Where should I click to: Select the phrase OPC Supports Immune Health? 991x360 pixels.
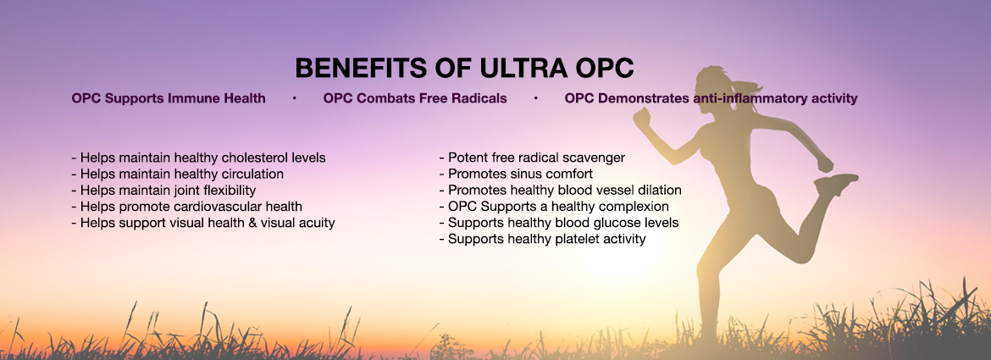168,99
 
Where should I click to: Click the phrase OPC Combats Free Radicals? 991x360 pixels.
414,99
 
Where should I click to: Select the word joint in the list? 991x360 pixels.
185,191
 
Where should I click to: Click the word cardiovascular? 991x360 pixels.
222,207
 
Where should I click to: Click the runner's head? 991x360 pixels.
712,86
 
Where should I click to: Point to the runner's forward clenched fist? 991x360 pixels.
641,118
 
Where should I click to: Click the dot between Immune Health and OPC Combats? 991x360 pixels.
295,99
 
